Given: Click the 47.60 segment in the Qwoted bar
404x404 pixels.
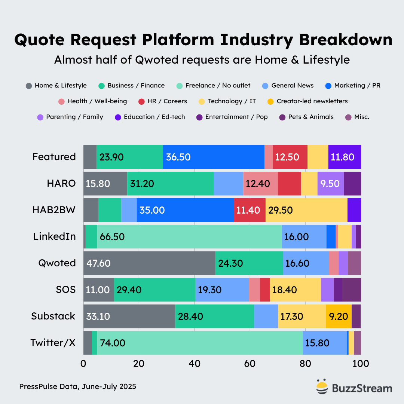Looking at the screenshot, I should [x=149, y=263].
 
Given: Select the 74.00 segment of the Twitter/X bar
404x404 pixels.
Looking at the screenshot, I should [x=200, y=343].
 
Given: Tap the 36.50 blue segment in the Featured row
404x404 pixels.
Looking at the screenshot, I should [x=213, y=157].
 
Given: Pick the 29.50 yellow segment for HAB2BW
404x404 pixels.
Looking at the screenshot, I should [x=306, y=210].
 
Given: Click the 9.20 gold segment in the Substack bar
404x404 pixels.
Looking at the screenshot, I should [x=339, y=316].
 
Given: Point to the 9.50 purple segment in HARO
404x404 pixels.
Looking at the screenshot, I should [x=330, y=183].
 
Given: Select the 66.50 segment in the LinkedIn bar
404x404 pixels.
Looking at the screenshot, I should [x=189, y=236].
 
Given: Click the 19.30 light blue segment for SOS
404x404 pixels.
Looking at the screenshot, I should [x=222, y=290].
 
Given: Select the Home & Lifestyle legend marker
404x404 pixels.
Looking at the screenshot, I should [x=29, y=86].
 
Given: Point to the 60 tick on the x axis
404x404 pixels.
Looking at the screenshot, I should [x=250, y=364].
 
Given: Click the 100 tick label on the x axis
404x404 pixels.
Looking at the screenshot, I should [x=360, y=364].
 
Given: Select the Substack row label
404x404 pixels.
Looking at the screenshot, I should [x=53, y=316].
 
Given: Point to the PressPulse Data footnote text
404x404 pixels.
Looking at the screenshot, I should [x=77, y=386].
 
